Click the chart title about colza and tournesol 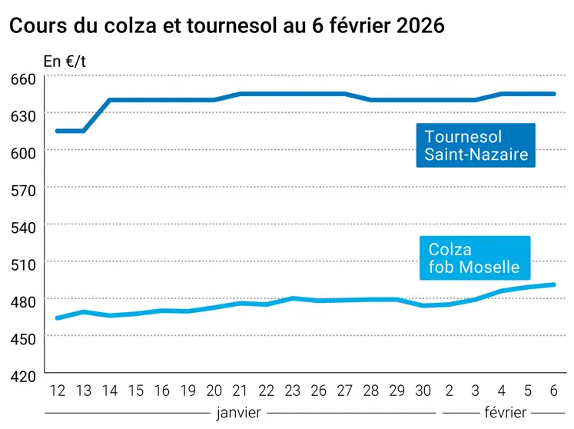(x=227, y=25)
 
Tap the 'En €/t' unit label (x=64, y=61)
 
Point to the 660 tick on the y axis (x=23, y=78)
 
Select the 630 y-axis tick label (x=23, y=115)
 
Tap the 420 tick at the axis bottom (x=23, y=375)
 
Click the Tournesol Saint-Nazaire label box (x=476, y=145)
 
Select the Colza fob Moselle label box (x=474, y=258)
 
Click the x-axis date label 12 (x=58, y=390)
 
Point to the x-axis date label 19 (x=188, y=390)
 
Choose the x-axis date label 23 (x=293, y=390)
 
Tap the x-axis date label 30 (x=423, y=390)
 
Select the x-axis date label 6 (x=554, y=390)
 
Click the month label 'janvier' (x=238, y=413)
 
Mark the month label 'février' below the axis (x=506, y=413)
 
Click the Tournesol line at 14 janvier (x=110, y=100)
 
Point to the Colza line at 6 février (x=554, y=284)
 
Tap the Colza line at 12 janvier (x=58, y=318)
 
